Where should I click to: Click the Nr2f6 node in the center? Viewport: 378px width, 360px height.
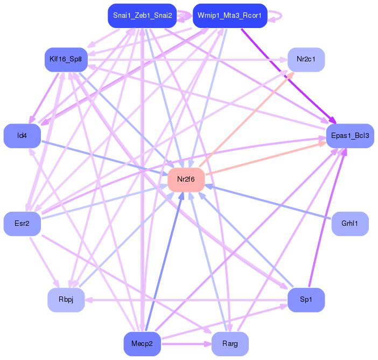186,179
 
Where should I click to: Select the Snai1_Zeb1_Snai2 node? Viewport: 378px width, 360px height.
142,15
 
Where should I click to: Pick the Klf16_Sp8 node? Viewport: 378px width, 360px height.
65,59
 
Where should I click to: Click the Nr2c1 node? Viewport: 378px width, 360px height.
306,59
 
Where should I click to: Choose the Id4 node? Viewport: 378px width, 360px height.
22,136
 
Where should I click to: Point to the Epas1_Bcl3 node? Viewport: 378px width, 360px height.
350,136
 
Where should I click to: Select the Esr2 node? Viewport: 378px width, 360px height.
22,224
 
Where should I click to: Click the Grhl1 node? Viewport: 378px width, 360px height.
350,224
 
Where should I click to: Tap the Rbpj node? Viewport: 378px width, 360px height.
66,300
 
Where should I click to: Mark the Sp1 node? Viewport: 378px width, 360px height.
306,300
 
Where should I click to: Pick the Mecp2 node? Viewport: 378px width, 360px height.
142,344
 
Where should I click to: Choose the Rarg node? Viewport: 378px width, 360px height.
230,344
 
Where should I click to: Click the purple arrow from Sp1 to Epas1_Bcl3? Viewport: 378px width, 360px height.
326,221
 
